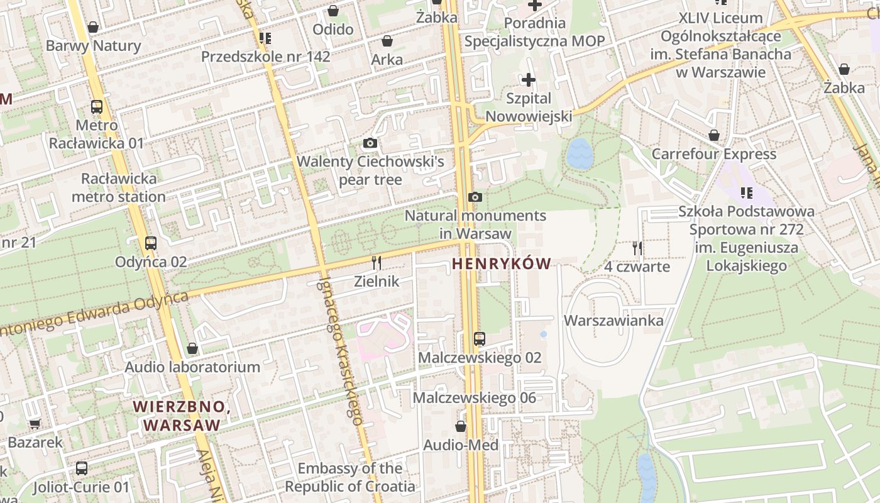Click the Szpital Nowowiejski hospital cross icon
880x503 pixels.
point(529,80)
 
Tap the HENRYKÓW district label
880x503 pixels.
point(501,264)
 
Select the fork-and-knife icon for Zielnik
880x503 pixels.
point(377,262)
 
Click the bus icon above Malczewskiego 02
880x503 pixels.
point(480,339)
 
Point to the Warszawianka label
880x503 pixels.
point(613,321)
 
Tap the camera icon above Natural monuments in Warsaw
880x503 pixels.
point(475,197)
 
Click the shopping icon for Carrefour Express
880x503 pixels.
point(714,135)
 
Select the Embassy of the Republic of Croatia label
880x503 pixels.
point(350,477)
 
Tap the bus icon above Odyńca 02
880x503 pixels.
point(151,243)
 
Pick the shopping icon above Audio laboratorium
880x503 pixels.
point(192,348)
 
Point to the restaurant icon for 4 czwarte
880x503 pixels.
point(637,248)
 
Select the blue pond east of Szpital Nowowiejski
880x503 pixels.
point(580,154)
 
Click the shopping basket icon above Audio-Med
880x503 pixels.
point(461,426)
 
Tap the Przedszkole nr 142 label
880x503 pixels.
point(265,57)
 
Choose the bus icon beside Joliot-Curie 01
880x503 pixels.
point(82,468)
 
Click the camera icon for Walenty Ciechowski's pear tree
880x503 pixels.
point(370,143)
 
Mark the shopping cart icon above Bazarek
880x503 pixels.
point(35,424)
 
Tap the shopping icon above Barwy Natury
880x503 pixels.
point(93,27)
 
